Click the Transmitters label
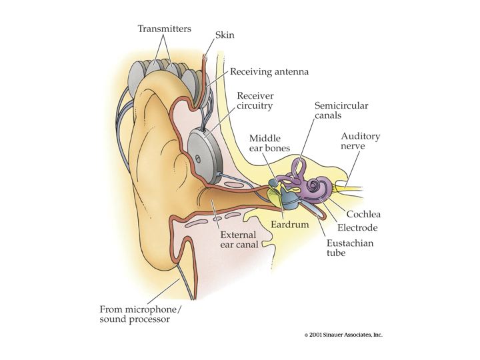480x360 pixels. pos(165,29)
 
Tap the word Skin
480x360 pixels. pos(225,35)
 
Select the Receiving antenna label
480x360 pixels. pos(269,72)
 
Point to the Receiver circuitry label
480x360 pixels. pos(255,101)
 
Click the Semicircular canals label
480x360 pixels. pos(341,111)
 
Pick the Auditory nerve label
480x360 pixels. pos(360,141)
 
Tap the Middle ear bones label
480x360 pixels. pos(269,143)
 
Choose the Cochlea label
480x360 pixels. pos(363,214)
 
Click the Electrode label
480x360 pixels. pos(357,228)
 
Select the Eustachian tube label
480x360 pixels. pos(350,248)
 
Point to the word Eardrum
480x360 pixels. pos(289,225)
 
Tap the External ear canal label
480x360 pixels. pos(239,240)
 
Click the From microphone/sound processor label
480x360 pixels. pos(141,314)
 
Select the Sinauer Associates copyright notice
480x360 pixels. pos(343,335)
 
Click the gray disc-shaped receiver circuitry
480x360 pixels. pos(204,156)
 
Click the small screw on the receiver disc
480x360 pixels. pos(198,159)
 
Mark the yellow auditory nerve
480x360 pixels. pos(348,187)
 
